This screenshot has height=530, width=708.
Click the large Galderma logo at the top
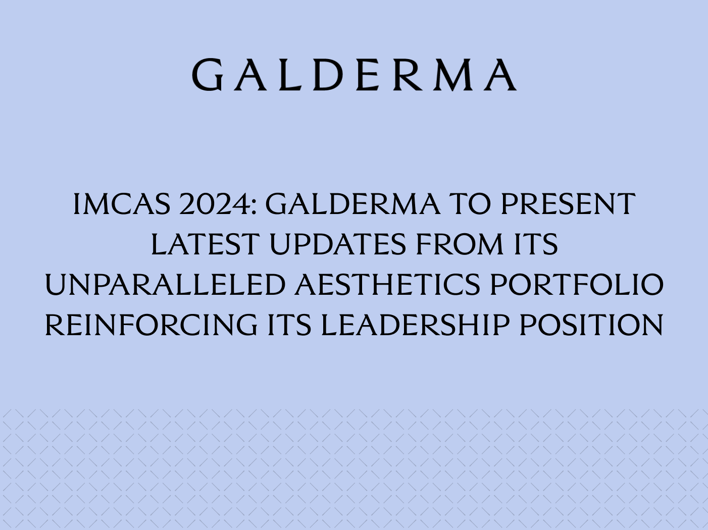(x=354, y=75)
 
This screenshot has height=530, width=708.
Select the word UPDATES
(x=337, y=244)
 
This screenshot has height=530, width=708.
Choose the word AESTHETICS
(x=387, y=285)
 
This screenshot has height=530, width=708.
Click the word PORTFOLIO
(x=576, y=285)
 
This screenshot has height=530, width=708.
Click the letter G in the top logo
(x=208, y=75)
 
